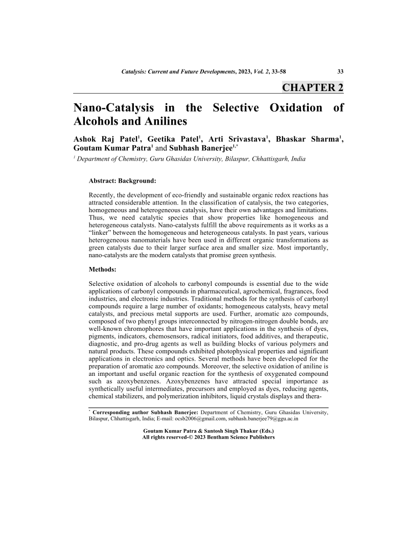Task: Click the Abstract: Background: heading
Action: tap(123, 181)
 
